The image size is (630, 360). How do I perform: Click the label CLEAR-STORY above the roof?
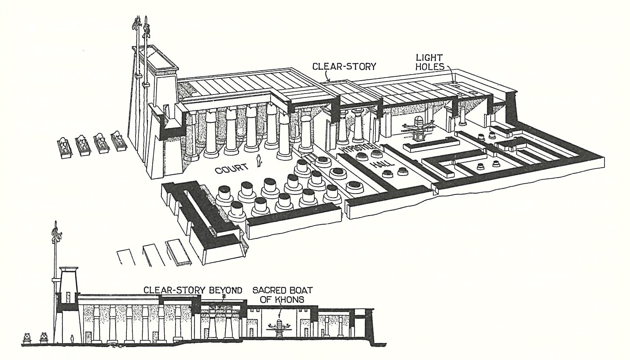[x=344, y=66]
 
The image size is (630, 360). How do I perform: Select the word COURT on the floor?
[x=231, y=169]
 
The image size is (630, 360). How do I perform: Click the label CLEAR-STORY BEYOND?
[x=193, y=290]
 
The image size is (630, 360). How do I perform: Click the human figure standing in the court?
[x=259, y=161]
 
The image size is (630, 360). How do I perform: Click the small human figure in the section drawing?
[x=72, y=338]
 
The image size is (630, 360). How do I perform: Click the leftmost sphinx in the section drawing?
[x=28, y=337]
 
